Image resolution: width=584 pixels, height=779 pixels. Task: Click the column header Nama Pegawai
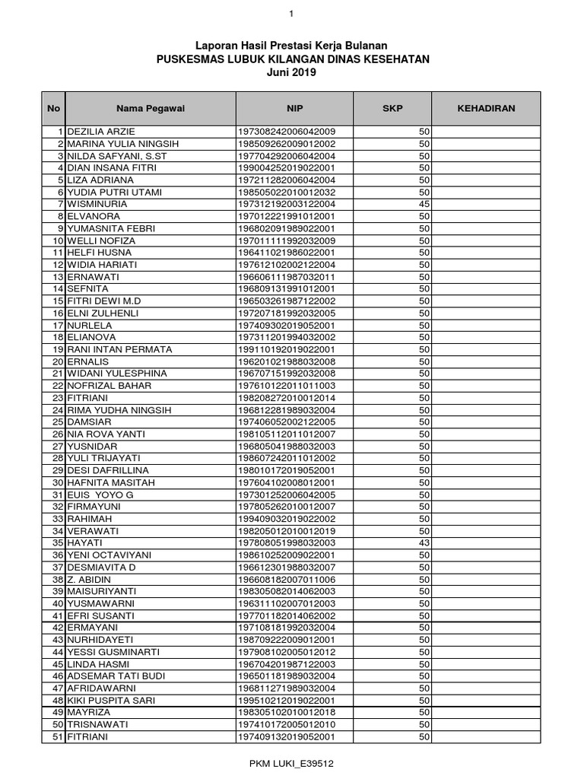tap(150, 109)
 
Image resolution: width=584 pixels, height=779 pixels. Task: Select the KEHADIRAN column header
tap(486, 109)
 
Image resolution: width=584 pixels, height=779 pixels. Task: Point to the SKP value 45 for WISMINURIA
tap(424, 204)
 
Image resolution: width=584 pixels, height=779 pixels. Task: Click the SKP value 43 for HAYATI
tap(424, 543)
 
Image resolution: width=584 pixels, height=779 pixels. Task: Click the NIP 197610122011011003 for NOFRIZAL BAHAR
tap(287, 386)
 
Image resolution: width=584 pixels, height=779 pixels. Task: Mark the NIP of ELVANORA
tap(287, 216)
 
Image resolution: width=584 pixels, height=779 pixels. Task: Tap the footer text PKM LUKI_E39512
tap(293, 762)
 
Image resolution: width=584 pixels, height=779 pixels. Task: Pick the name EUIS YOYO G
tap(100, 494)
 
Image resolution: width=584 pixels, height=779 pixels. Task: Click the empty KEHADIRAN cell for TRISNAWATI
tap(486, 724)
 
